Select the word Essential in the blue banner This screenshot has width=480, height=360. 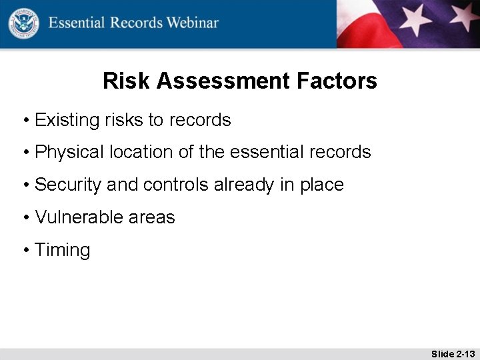click(77, 23)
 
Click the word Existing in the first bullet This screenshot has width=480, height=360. click(67, 120)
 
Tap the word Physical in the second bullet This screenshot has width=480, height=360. click(69, 152)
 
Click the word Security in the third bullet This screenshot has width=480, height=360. click(68, 185)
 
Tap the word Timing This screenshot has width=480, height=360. click(62, 251)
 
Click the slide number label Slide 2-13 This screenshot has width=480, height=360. click(453, 353)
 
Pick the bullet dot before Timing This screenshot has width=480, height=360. click(25, 251)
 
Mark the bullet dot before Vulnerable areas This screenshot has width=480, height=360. click(25, 218)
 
